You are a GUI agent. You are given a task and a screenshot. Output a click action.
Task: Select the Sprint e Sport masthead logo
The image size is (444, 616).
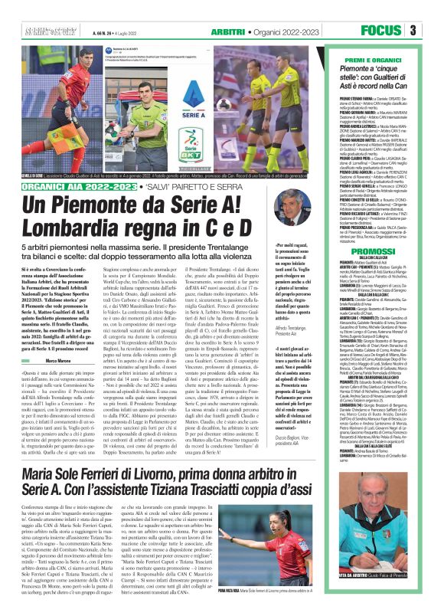coord(45,30)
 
